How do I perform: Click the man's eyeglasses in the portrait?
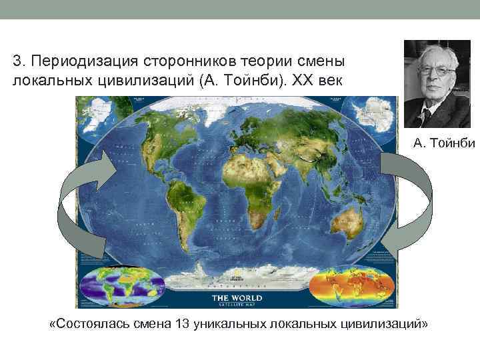coord(437,70)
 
